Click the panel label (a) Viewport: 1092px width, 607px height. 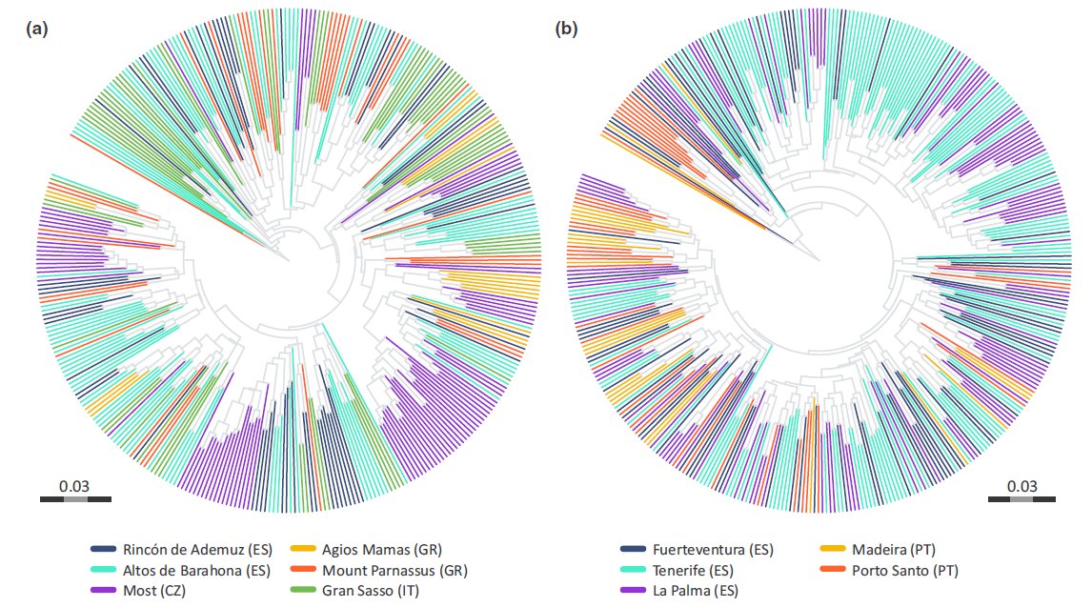[x=36, y=30]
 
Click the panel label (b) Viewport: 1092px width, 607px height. [x=566, y=30]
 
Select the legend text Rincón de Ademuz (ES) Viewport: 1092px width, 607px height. [x=196, y=550]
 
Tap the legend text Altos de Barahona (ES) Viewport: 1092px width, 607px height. [x=196, y=571]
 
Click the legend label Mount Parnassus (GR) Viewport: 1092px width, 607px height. [x=394, y=571]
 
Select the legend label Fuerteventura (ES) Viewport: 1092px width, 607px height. [x=713, y=550]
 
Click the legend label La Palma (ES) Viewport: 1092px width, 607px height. [x=696, y=591]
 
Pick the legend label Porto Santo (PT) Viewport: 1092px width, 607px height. [x=905, y=571]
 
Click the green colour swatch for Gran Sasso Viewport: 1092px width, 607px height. [x=302, y=591]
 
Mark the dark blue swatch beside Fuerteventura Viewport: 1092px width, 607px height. [x=632, y=550]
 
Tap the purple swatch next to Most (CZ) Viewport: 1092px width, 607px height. [x=104, y=591]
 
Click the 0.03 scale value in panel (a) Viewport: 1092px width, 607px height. [x=74, y=486]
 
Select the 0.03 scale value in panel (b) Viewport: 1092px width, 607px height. [x=1021, y=486]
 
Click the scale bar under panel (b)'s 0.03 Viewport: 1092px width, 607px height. [x=1021, y=498]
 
